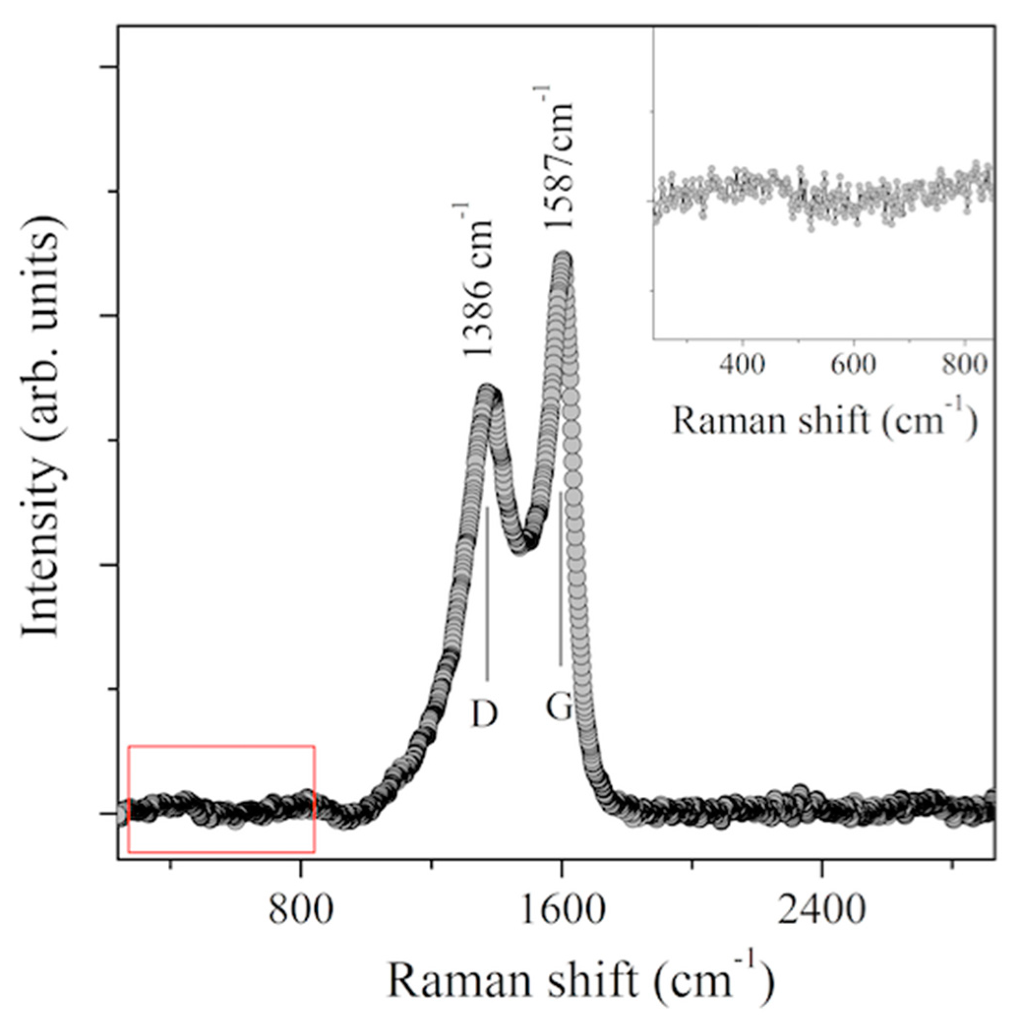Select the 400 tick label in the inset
[x=743, y=365]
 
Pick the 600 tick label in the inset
[x=854, y=365]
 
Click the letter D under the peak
[x=484, y=714]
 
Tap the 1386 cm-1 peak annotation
[x=478, y=280]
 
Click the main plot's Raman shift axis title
[x=581, y=980]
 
